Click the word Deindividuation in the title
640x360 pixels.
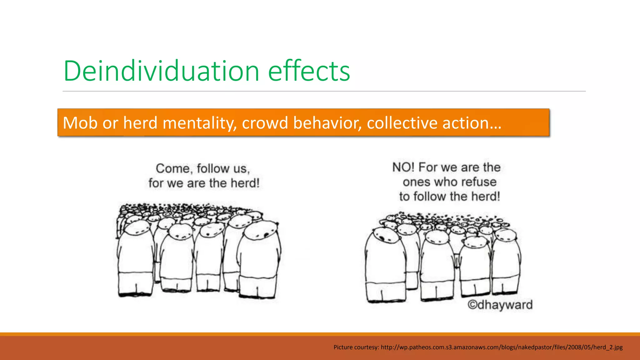point(161,71)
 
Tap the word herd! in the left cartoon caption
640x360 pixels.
point(245,183)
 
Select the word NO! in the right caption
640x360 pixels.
point(403,167)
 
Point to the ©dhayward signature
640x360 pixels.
point(500,305)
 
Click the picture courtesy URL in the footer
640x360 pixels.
point(502,347)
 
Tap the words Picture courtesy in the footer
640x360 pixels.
point(356,347)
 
